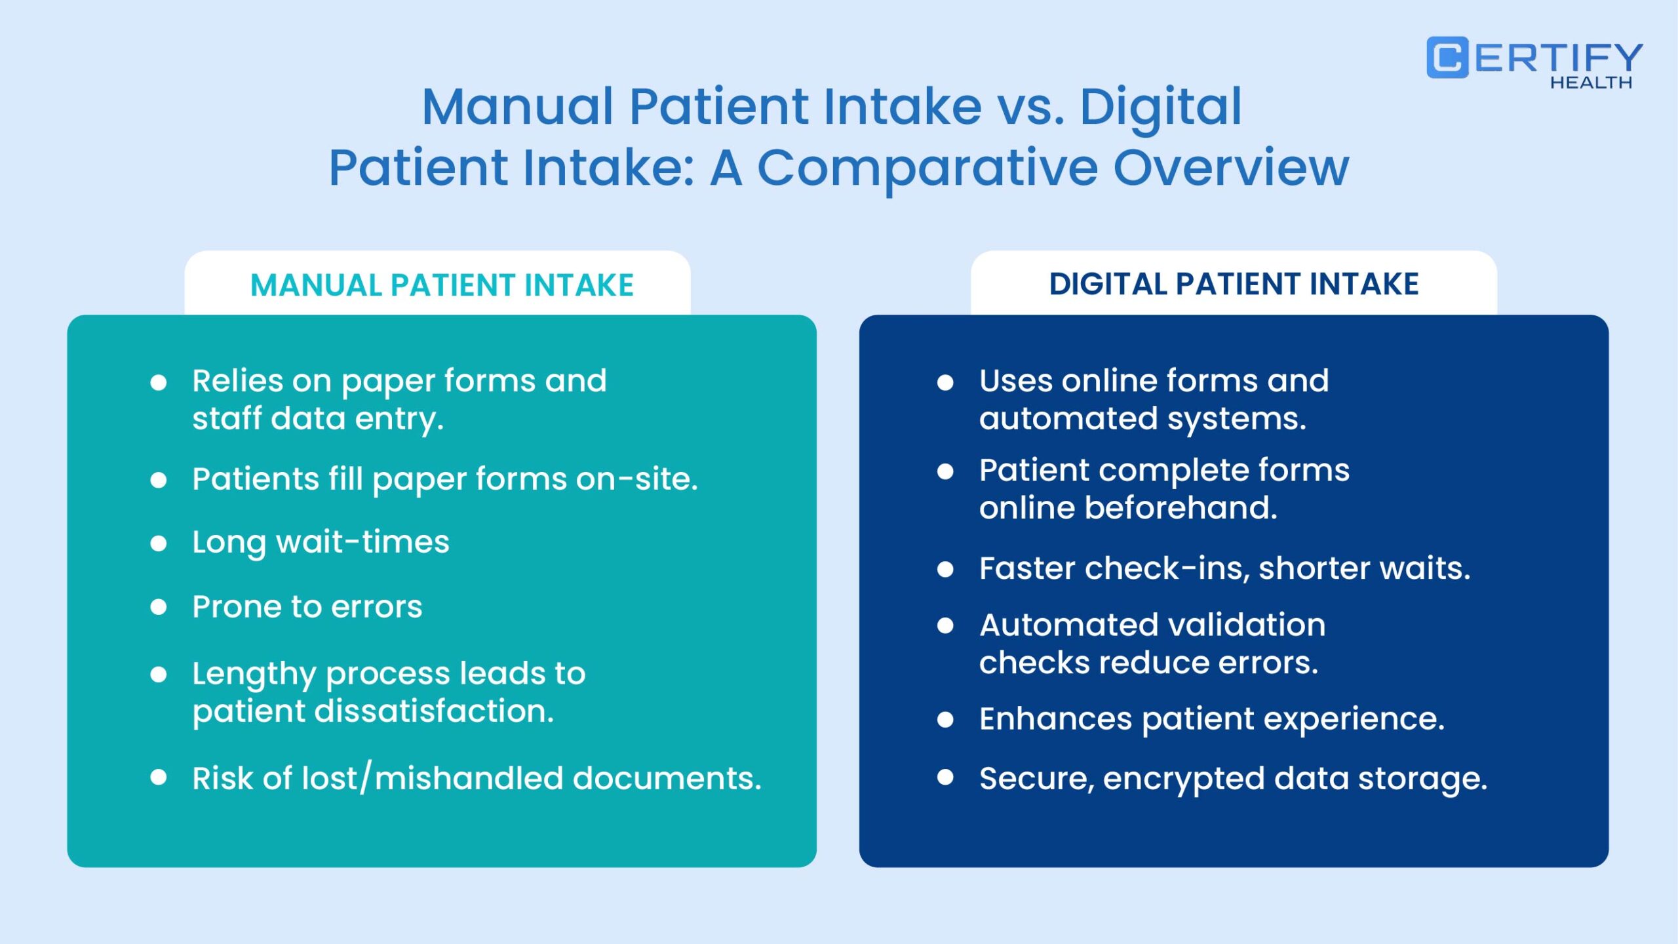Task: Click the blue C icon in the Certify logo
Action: (1447, 58)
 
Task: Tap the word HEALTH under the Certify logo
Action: (1591, 83)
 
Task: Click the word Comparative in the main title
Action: (927, 168)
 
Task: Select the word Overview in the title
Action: (1231, 167)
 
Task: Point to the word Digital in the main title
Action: (1160, 108)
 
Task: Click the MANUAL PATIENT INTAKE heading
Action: (442, 285)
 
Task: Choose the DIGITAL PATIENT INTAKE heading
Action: (1234, 284)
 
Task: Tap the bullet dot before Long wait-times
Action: (158, 543)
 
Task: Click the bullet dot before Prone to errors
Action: (158, 607)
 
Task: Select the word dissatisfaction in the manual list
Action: (434, 711)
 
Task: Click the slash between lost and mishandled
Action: (366, 777)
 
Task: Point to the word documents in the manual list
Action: (667, 778)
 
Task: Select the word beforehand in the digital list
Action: (1180, 507)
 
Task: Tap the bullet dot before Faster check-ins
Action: (945, 569)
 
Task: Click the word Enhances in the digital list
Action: (1055, 718)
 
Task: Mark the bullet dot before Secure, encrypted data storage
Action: (945, 777)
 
